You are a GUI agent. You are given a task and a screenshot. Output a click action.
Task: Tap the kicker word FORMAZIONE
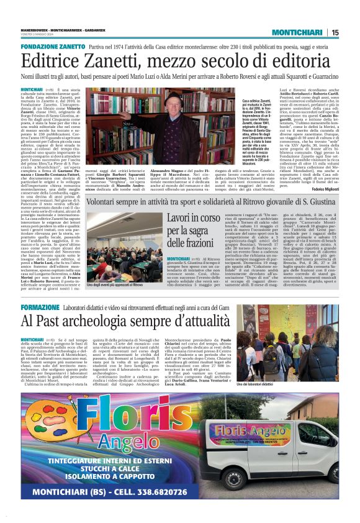pyautogui.click(x=40, y=307)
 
